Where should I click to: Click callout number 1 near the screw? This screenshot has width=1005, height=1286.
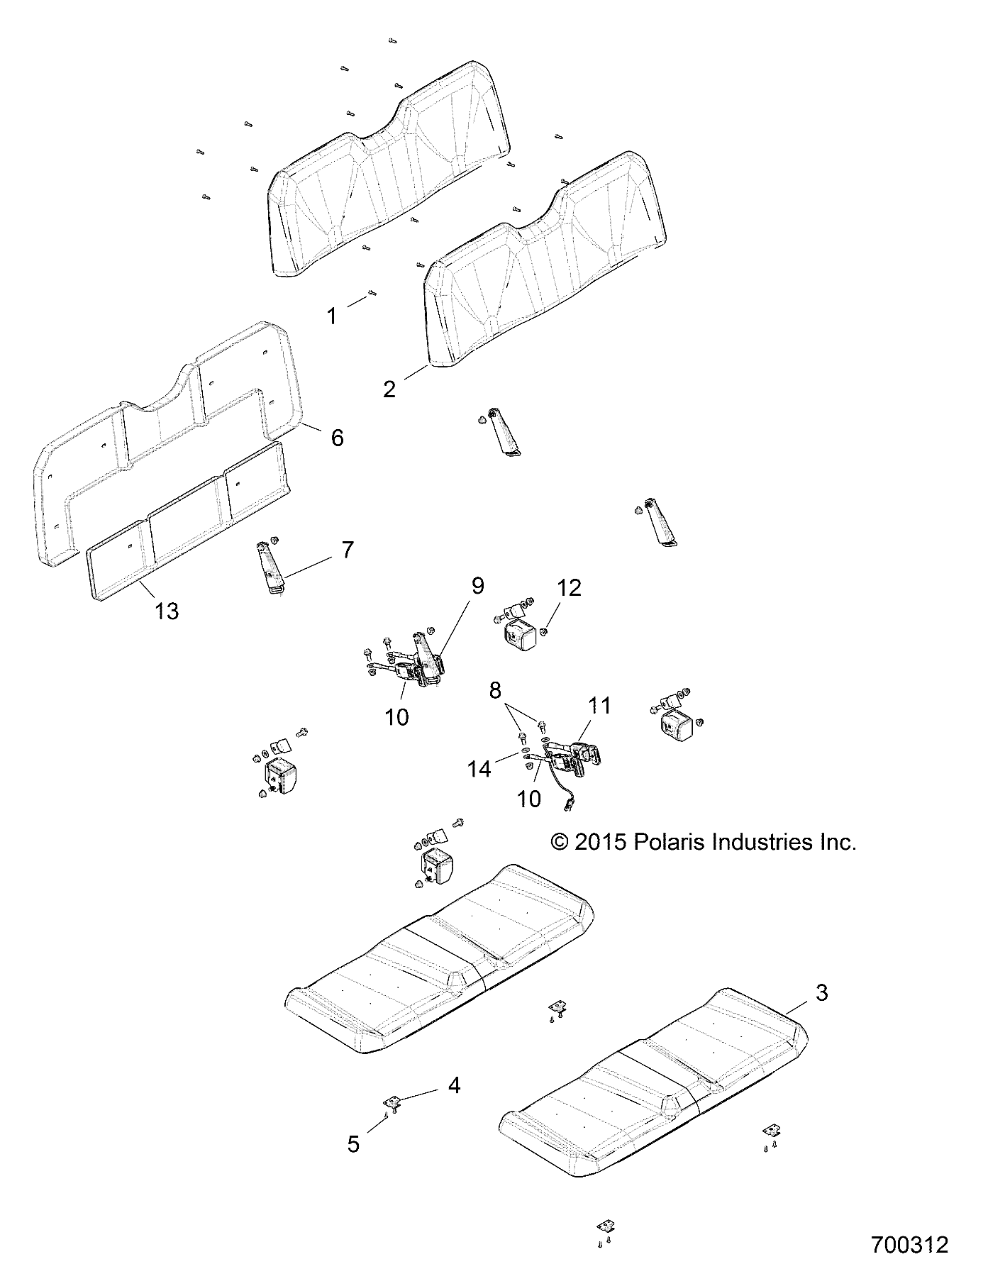(x=331, y=316)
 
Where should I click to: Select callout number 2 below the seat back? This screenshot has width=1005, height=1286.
(x=389, y=389)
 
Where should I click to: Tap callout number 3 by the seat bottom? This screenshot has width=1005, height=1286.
(x=821, y=993)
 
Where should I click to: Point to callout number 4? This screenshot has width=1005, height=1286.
(x=454, y=1085)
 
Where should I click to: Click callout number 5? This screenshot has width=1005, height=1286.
(x=353, y=1143)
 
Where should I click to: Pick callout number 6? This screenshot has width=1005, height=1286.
(x=338, y=438)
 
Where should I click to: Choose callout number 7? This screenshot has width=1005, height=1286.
(x=348, y=550)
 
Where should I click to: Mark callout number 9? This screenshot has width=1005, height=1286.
(x=477, y=586)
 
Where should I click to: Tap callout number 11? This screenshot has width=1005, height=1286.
(x=599, y=706)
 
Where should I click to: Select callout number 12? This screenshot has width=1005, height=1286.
(x=569, y=588)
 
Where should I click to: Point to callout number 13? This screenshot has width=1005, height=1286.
(x=167, y=611)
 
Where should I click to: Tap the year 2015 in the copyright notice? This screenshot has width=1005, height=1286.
(x=597, y=842)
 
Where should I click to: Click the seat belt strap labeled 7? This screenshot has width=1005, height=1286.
(x=270, y=567)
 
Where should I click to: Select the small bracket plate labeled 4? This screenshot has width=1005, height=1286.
(x=391, y=1122)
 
